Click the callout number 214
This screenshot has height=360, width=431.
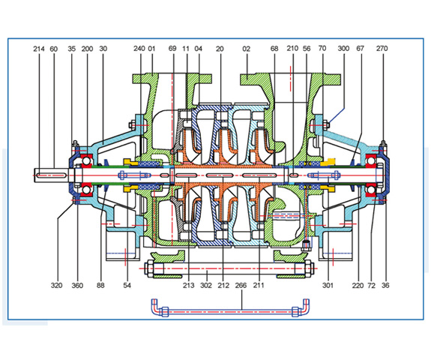coord(39,49)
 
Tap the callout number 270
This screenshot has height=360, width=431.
coord(382,49)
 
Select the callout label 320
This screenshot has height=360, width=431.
coord(57,286)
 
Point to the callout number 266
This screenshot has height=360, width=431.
coord(241,286)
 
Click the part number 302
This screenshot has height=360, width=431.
coord(206,286)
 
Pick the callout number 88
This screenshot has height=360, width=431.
coord(100,286)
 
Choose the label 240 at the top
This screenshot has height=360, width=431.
coord(139,49)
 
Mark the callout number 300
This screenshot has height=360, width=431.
coord(343,49)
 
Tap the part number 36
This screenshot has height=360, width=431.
coord(385,286)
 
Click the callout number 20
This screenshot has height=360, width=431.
coord(220,49)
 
